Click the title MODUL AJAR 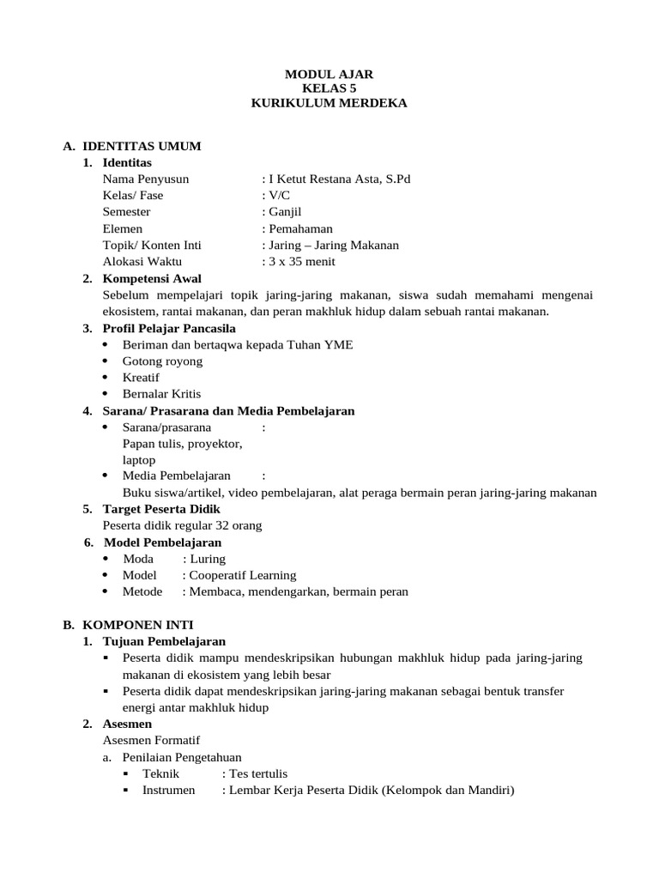click(x=329, y=75)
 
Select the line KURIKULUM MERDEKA click(x=329, y=103)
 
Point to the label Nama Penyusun click(x=145, y=179)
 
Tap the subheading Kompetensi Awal click(x=152, y=279)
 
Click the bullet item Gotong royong click(x=162, y=361)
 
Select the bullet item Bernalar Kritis click(x=161, y=394)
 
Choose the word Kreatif click(x=141, y=378)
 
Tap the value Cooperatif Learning click(x=242, y=575)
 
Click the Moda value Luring click(x=207, y=559)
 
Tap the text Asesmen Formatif click(x=151, y=740)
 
